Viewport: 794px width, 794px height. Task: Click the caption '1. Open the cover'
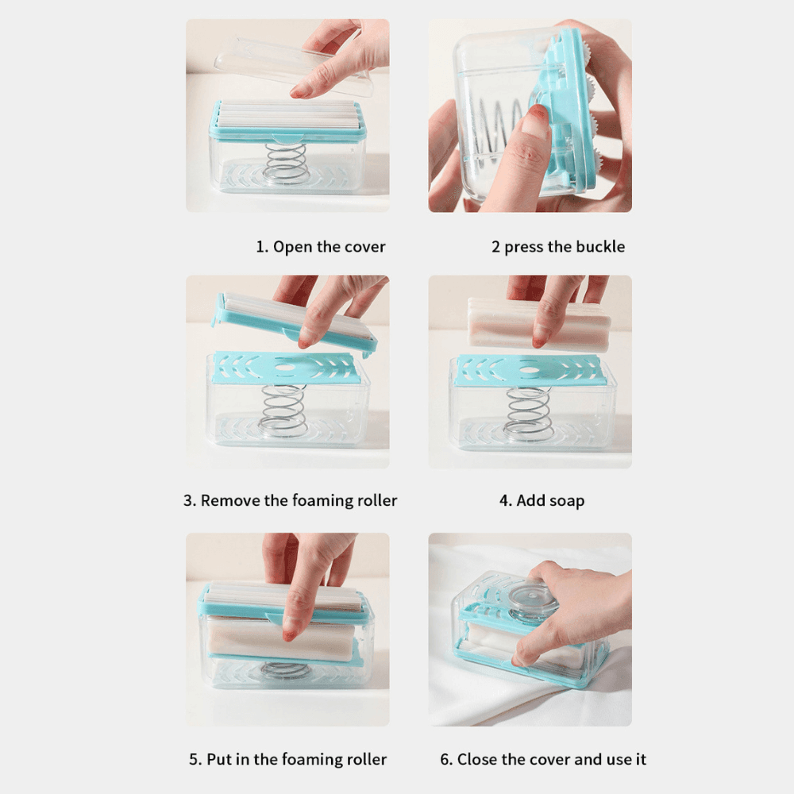tap(321, 247)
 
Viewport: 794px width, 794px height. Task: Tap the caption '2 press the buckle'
tap(558, 247)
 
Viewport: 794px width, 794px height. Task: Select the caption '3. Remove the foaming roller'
tap(290, 500)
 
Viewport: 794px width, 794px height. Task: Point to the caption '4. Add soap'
tap(542, 500)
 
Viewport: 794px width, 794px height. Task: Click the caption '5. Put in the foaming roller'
tap(288, 759)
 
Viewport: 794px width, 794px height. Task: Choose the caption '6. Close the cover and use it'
tap(543, 759)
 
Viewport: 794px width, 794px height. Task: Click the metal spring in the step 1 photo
tap(287, 164)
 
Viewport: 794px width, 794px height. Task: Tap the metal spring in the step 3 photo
tap(283, 410)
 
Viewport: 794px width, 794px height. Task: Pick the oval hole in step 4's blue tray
tap(529, 368)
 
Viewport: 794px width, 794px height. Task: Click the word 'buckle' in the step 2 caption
tap(600, 247)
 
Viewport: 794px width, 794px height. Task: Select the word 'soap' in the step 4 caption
tap(565, 501)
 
